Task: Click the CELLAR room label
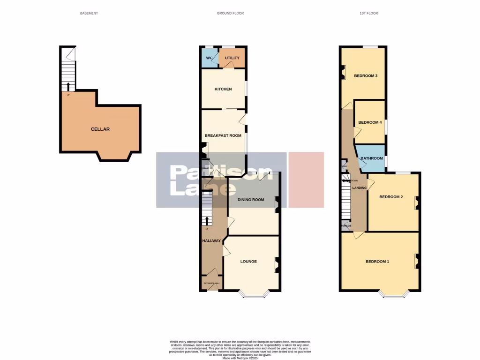click(100, 129)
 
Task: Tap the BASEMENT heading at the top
click(89, 13)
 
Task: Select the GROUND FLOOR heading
click(230, 13)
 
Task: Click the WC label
click(210, 58)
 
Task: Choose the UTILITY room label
click(232, 58)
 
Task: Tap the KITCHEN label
click(223, 89)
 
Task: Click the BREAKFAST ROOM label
click(223, 135)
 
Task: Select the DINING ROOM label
click(251, 200)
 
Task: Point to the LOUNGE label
click(248, 261)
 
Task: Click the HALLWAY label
click(211, 240)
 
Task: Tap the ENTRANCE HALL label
click(211, 284)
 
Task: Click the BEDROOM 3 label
click(366, 75)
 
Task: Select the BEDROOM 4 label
click(370, 122)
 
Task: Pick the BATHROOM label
click(372, 158)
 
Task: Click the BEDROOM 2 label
click(391, 197)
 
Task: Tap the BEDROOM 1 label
click(377, 261)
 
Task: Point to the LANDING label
click(360, 188)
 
